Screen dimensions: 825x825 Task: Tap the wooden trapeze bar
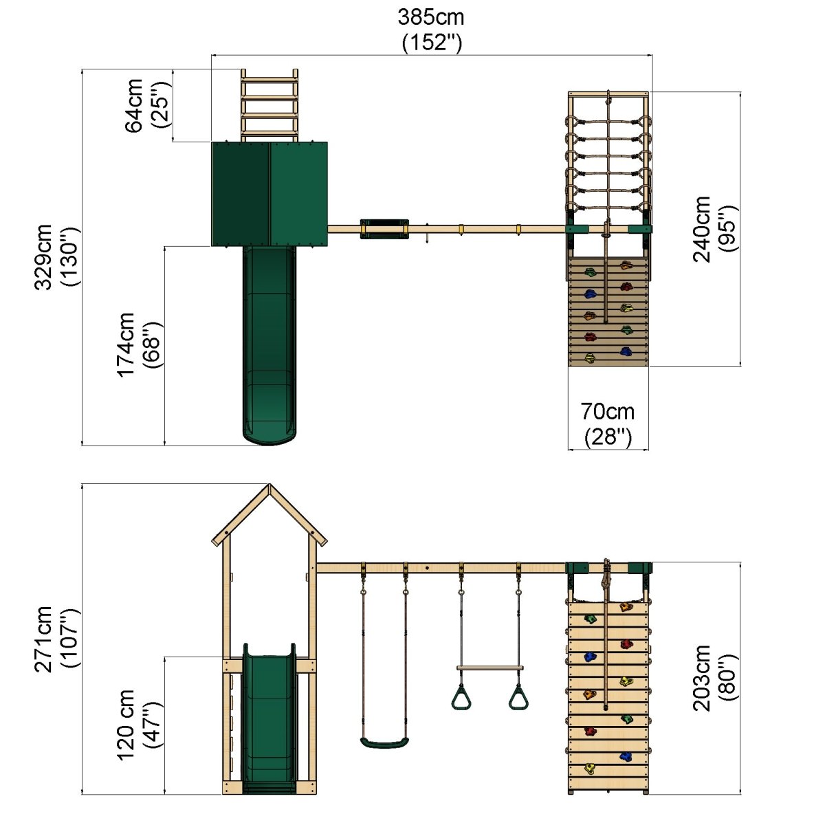489,668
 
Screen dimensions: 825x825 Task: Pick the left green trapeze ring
461,696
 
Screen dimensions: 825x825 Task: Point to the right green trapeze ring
518,696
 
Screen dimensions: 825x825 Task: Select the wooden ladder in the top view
269,105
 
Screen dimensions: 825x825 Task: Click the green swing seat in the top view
384,229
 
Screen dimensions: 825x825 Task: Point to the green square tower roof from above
269,194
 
